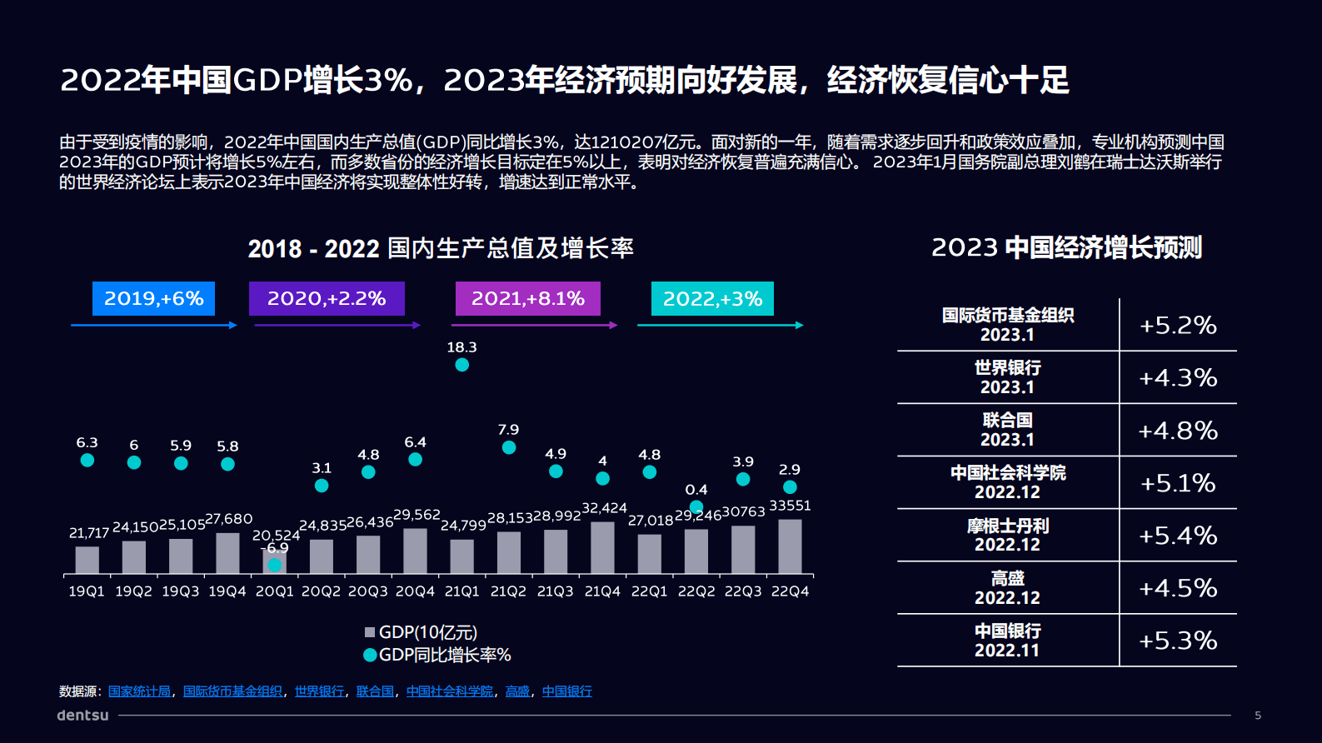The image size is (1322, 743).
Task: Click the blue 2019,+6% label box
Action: [x=153, y=298]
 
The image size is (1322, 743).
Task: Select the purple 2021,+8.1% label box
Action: [x=527, y=298]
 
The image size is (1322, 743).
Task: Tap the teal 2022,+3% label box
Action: [x=712, y=298]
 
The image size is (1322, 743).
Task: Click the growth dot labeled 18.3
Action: [x=461, y=365]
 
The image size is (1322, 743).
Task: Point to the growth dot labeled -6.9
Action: [x=274, y=565]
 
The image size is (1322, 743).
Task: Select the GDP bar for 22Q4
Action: [x=790, y=546]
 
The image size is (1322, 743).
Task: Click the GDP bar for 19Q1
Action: [x=87, y=560]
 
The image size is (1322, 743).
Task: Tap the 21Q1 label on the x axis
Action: [x=461, y=591]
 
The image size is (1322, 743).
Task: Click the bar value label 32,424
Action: [x=604, y=508]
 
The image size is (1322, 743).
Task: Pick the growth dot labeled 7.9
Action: [x=509, y=447]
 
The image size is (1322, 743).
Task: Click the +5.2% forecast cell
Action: [x=1178, y=325]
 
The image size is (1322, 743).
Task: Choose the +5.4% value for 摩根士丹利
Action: [x=1178, y=536]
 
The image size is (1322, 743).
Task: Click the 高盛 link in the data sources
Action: [x=517, y=691]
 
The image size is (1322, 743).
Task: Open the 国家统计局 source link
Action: [x=139, y=691]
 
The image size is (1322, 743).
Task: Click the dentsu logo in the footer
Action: [x=82, y=715]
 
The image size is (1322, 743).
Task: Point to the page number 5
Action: [x=1258, y=715]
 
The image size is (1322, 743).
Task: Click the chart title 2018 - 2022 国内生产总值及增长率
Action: [x=441, y=248]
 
